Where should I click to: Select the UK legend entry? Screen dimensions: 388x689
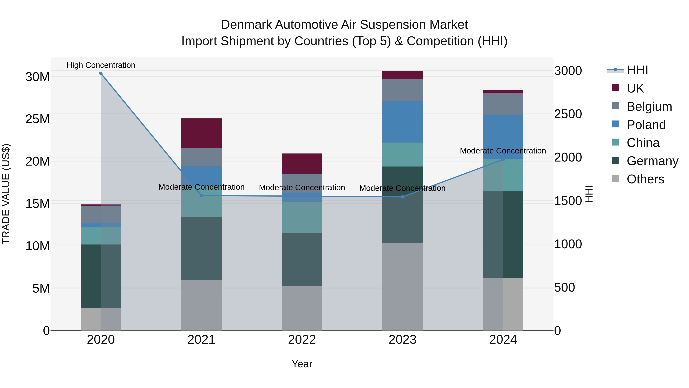(635, 88)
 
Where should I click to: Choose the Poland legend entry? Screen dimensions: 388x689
(646, 125)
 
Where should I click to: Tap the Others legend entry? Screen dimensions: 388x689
(645, 179)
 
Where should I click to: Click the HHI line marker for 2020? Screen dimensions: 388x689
(101, 73)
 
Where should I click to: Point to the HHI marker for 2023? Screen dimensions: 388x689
(402, 197)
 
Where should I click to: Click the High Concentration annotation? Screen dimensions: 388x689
(101, 65)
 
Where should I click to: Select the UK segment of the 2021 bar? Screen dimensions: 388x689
(201, 133)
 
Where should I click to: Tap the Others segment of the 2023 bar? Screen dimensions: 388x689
(402, 286)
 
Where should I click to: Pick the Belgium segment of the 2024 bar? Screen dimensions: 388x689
(503, 104)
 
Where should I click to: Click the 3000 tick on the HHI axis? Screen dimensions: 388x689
(568, 71)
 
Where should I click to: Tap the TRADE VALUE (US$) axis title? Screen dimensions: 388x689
(6, 194)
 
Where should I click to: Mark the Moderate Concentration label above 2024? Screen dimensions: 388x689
(503, 151)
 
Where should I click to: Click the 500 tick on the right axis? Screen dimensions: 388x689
(564, 288)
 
